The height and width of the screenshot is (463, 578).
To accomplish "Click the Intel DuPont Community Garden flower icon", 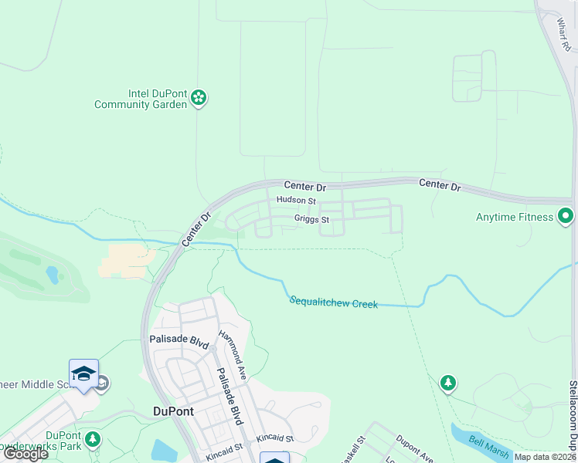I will click(199, 98).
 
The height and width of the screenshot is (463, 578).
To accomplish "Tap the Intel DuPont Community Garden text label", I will click(141, 99).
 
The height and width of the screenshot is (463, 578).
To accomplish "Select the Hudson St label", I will click(296, 201).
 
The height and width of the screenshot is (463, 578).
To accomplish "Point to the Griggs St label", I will click(311, 219).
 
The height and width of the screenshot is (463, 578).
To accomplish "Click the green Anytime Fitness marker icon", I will click(566, 217).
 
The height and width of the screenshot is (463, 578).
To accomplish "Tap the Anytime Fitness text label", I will click(514, 218).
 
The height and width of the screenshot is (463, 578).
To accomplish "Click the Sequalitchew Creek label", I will click(334, 302).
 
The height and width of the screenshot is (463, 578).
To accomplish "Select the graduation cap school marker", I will click(83, 374).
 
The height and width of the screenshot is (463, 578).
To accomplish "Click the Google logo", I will click(25, 455).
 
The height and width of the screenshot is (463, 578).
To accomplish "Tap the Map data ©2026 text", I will click(546, 457).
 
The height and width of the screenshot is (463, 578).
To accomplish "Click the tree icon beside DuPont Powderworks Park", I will click(93, 440).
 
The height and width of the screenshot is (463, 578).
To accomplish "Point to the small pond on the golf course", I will click(52, 274).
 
